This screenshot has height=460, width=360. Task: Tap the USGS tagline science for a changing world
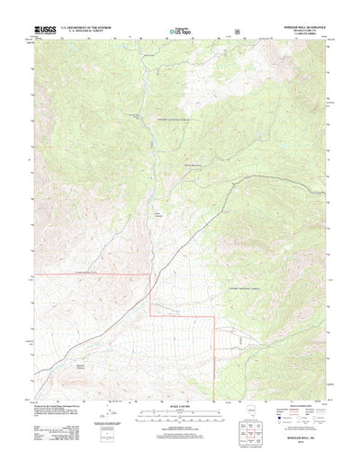[x=43, y=35]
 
